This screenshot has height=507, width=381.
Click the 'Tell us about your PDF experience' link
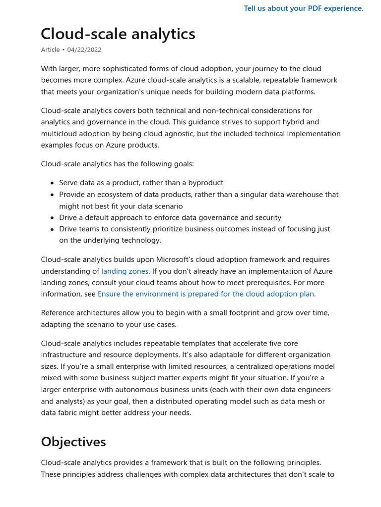pos(304,8)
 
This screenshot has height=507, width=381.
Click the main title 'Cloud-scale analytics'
pos(118,34)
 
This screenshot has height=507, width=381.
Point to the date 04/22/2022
pos(84,50)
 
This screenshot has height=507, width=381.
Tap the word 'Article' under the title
pos(50,50)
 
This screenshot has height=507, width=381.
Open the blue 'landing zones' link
pos(125,271)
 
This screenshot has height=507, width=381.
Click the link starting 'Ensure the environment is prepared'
pos(205,294)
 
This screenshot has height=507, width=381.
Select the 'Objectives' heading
pos(73,441)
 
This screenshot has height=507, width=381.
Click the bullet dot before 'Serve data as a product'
pos(52,183)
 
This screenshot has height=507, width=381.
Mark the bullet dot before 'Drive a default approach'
pos(52,218)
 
